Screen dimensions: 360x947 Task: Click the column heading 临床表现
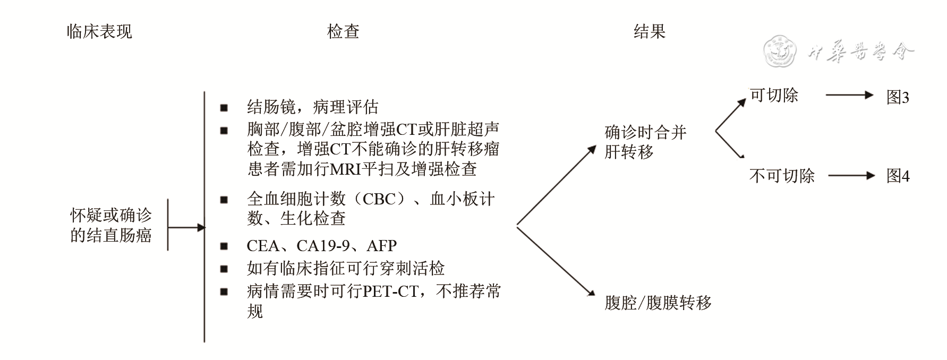pyautogui.click(x=99, y=32)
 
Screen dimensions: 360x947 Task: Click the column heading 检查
pyautogui.click(x=343, y=32)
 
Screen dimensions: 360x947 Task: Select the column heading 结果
pyautogui.click(x=649, y=32)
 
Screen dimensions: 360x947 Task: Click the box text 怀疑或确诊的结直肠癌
pyautogui.click(x=111, y=225)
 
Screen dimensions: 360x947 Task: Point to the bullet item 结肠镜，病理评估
pyautogui.click(x=312, y=107)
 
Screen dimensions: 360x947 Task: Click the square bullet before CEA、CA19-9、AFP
pyautogui.click(x=224, y=246)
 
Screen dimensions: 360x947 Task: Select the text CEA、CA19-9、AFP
pyautogui.click(x=321, y=246)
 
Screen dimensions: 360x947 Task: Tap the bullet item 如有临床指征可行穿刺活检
pyautogui.click(x=345, y=268)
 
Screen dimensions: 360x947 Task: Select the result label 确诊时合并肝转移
pyautogui.click(x=645, y=142)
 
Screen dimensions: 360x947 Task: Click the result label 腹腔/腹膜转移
pyautogui.click(x=658, y=303)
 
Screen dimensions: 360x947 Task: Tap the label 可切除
pyautogui.click(x=774, y=96)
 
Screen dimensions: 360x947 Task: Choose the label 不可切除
pyautogui.click(x=781, y=176)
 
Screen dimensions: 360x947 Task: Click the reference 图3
pyautogui.click(x=898, y=97)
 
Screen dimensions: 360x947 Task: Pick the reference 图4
pyautogui.click(x=898, y=176)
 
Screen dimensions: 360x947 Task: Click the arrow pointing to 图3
pyautogui.click(x=849, y=96)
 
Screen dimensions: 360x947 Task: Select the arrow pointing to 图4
pyautogui.click(x=851, y=176)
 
